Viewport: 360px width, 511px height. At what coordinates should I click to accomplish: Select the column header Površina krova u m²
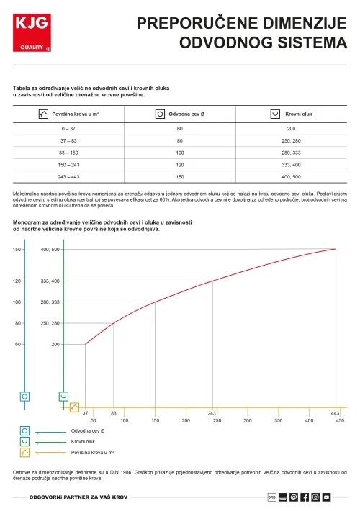click(69, 114)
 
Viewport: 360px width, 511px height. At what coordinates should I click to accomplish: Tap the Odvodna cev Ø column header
click(180, 114)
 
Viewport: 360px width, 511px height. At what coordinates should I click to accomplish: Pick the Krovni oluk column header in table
click(291, 114)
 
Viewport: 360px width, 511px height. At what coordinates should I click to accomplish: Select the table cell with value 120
click(180, 164)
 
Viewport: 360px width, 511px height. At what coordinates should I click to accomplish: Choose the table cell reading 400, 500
click(291, 176)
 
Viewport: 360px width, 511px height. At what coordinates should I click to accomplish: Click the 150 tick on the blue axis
click(18, 249)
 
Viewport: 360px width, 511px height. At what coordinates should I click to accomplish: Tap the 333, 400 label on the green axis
click(50, 281)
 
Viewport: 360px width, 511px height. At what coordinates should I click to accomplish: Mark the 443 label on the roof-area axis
click(335, 413)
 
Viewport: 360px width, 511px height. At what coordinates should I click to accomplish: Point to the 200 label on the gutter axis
click(55, 345)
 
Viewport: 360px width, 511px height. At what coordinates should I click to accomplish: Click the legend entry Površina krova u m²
click(94, 452)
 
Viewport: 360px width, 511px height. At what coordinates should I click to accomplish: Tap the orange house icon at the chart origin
click(74, 407)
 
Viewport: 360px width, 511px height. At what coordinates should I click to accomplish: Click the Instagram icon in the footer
click(315, 497)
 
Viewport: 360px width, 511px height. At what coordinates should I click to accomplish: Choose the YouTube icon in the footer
click(326, 497)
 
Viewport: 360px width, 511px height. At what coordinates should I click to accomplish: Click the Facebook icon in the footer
click(305, 497)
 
